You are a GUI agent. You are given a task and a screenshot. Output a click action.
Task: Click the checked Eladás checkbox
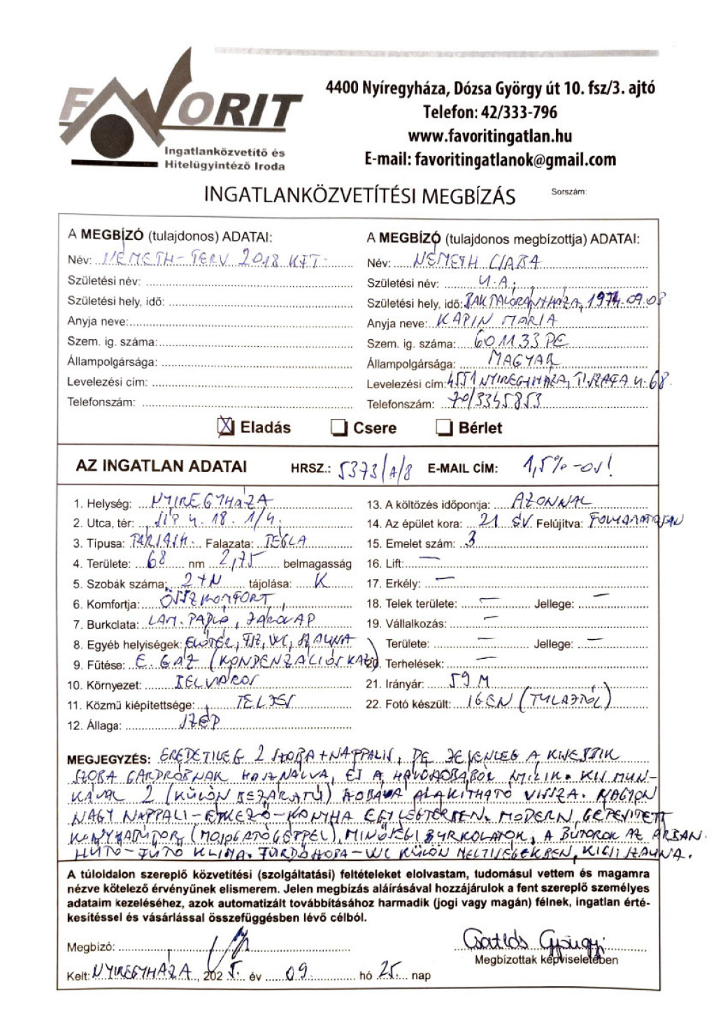click(226, 427)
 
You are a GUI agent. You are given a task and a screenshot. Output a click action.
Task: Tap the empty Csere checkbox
click(339, 427)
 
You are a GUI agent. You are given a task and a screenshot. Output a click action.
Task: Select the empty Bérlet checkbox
click(444, 427)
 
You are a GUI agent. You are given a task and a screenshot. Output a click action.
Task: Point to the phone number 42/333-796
click(489, 112)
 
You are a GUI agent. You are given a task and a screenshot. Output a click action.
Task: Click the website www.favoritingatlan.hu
click(489, 136)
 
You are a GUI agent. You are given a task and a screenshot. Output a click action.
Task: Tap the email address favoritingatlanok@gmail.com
click(490, 159)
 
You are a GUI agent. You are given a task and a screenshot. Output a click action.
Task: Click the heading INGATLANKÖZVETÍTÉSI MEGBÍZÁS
click(359, 196)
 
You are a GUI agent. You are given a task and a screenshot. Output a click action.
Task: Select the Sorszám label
click(568, 192)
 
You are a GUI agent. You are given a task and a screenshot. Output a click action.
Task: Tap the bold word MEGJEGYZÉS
click(108, 759)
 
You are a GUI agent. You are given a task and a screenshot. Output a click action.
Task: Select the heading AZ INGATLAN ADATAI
click(162, 466)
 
